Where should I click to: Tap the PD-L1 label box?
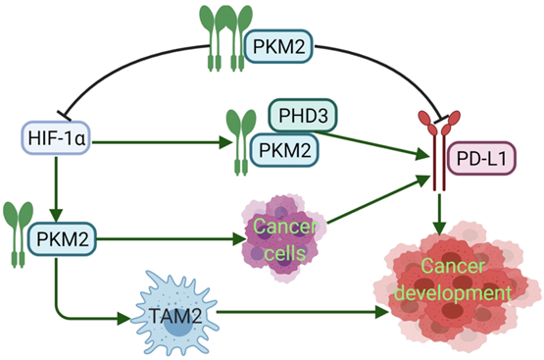click(x=486, y=155)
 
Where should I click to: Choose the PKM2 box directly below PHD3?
click(x=281, y=150)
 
